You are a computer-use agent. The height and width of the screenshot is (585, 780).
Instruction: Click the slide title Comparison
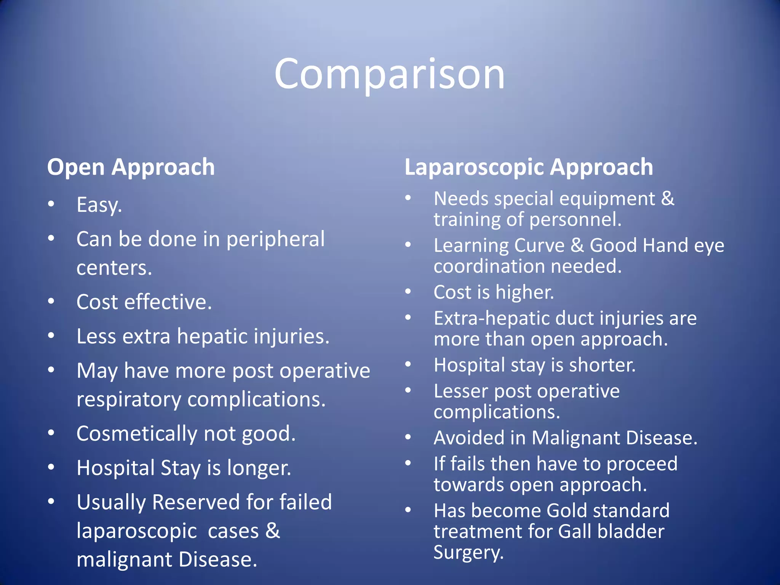click(389, 74)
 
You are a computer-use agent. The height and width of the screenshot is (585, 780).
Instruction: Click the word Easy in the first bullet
click(98, 205)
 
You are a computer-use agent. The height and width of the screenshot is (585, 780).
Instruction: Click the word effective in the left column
click(166, 302)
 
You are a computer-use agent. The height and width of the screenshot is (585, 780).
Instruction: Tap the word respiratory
click(129, 400)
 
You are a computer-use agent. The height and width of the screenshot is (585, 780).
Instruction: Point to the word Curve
click(539, 246)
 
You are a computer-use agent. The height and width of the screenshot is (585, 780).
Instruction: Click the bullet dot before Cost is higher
click(408, 292)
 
